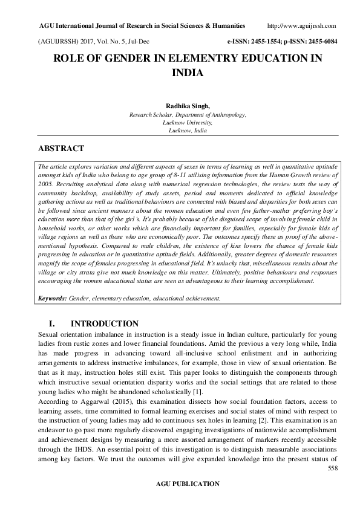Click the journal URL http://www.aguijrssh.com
(x=301, y=26)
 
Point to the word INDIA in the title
(x=180, y=73)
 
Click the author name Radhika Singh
(x=179, y=105)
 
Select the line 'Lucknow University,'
(x=179, y=122)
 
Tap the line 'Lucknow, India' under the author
(x=179, y=130)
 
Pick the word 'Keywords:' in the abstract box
(x=52, y=298)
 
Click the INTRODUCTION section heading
(x=104, y=324)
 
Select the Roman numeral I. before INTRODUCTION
(x=52, y=324)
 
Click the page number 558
(x=332, y=468)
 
